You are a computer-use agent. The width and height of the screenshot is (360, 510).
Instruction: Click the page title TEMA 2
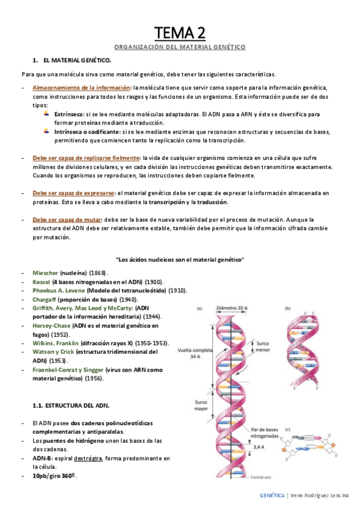click(x=180, y=32)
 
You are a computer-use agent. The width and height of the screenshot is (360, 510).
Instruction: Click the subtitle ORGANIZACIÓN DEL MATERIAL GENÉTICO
click(x=180, y=47)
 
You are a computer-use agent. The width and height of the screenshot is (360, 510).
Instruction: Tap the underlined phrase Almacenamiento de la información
click(x=81, y=88)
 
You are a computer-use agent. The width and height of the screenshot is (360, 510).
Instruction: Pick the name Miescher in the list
click(x=46, y=272)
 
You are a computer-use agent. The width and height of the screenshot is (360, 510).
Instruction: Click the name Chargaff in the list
click(x=46, y=299)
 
